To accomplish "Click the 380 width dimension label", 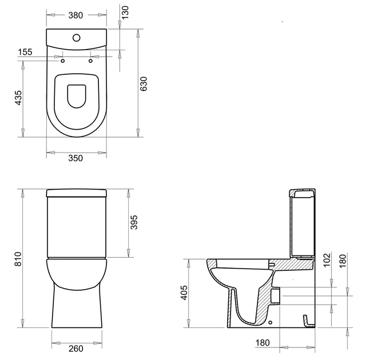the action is pyautogui.click(x=76, y=15).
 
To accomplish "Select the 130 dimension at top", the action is pyautogui.click(x=125, y=13).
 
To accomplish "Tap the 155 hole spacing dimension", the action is pyautogui.click(x=25, y=52).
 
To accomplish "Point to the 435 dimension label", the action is pyautogui.click(x=18, y=98).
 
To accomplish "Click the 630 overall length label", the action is pyautogui.click(x=144, y=84).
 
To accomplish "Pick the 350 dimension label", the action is pyautogui.click(x=76, y=158).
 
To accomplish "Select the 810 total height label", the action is pyautogui.click(x=18, y=259).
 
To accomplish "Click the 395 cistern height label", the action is pyautogui.click(x=134, y=222).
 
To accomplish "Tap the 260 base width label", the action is pyautogui.click(x=76, y=349).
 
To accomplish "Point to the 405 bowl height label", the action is pyautogui.click(x=184, y=293).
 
